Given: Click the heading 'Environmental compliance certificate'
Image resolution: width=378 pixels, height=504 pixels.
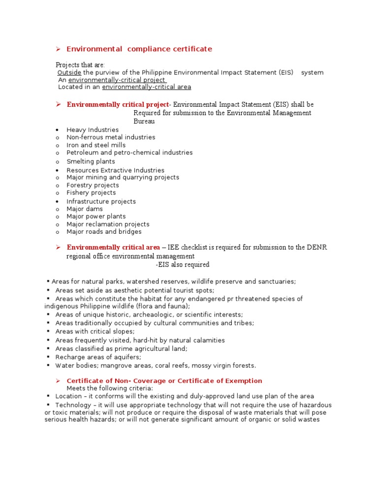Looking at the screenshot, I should tap(139, 49).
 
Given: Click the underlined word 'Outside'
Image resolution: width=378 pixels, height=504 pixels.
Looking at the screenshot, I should tap(69, 72).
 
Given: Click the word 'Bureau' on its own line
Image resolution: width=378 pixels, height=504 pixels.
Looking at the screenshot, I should tap(144, 121).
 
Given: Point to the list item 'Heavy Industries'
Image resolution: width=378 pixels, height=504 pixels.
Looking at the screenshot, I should tap(93, 129).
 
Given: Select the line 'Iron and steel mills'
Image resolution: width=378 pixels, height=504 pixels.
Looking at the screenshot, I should tap(96, 145).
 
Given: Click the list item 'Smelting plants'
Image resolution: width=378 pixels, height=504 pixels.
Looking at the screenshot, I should tap(91, 161).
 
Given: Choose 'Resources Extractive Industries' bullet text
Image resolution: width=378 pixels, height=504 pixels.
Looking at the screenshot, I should tap(115, 170).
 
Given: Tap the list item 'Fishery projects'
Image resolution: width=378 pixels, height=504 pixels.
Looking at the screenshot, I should tap(91, 193).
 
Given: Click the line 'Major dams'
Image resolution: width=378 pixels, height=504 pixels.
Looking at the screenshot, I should tap(85, 209).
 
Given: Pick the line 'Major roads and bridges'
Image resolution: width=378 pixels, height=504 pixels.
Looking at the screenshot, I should tap(104, 231).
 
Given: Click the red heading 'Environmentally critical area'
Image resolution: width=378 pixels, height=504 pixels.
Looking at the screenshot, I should tap(113, 247).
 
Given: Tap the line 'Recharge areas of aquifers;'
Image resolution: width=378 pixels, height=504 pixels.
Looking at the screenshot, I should tap(98, 357).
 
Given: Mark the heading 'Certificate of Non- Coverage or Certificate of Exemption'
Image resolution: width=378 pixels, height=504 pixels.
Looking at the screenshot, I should tap(164, 380).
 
